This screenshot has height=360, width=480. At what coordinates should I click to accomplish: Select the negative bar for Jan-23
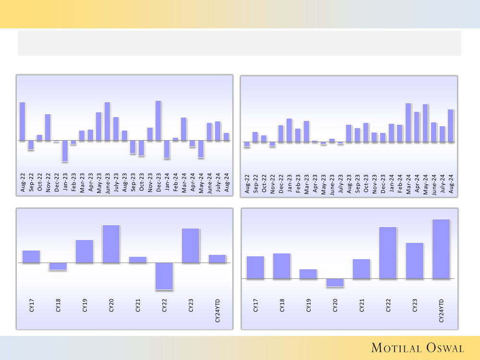tap(65, 151)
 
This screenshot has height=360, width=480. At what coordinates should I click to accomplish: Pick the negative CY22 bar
tap(164, 276)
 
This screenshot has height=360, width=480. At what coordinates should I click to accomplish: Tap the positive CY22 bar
tap(388, 252)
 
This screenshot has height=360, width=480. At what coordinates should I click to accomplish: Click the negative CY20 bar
tap(335, 282)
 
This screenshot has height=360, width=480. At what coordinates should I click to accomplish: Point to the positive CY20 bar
tap(111, 244)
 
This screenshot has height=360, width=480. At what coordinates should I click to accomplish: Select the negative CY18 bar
tap(58, 266)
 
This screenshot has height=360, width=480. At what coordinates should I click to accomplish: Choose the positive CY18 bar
tap(282, 266)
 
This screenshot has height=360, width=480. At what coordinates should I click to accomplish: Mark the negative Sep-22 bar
tap(31, 145)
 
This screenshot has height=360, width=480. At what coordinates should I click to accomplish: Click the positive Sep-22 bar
tap(255, 137)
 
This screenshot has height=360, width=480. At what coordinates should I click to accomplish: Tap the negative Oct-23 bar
tap(141, 148)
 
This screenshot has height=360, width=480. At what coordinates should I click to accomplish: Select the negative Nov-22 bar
tap(272, 144)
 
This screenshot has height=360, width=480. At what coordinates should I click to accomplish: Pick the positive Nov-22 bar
tap(48, 127)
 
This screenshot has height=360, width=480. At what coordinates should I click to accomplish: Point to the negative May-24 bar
tap(201, 149)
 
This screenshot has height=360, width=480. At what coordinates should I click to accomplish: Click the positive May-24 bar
tap(425, 123)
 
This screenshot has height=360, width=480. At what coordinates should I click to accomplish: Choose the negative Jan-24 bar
tap(167, 149)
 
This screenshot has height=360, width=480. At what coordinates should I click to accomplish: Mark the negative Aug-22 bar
tap(247, 144)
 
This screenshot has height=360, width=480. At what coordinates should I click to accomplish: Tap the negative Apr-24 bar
tap(192, 144)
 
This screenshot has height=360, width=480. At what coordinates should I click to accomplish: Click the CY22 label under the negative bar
tap(164, 307)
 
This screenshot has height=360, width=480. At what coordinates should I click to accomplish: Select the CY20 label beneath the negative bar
tap(335, 307)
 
